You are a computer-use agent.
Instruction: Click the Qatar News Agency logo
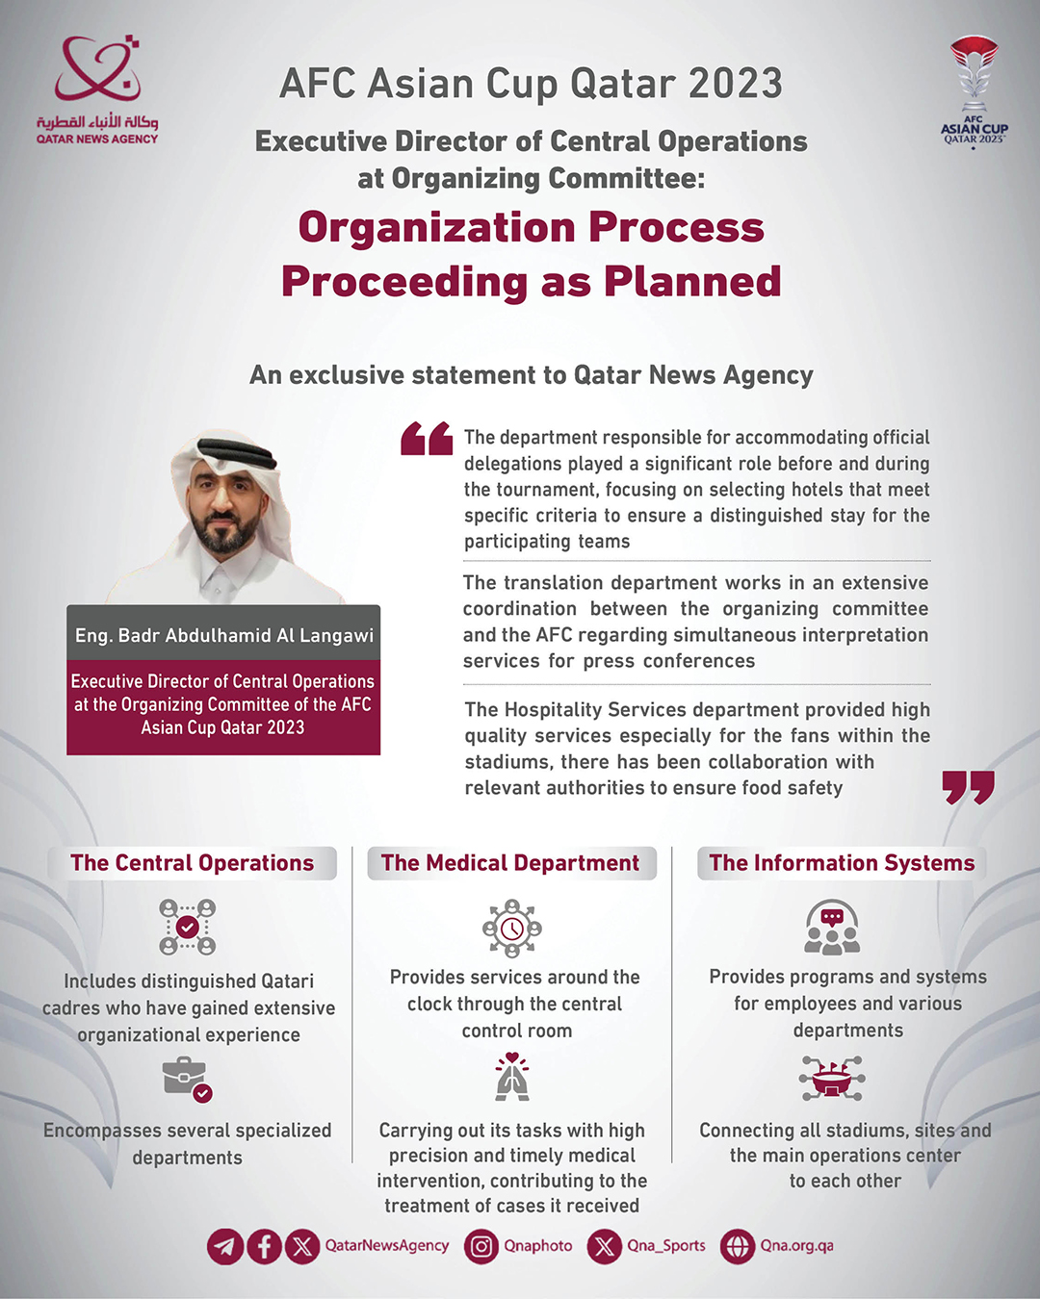(97, 89)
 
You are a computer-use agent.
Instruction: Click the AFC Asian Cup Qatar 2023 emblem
(974, 90)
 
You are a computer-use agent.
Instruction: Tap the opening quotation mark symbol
(427, 438)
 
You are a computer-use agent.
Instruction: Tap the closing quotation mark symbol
(968, 786)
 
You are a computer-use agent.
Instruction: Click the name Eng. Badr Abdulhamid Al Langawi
(224, 635)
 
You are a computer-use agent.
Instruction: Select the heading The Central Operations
(193, 863)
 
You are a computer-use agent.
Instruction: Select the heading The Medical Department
(510, 863)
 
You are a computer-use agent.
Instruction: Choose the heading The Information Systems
(842, 863)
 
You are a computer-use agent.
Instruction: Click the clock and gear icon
(511, 928)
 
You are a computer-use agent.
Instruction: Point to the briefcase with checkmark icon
(187, 1079)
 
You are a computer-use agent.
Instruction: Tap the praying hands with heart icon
(512, 1077)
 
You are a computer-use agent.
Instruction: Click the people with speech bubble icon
(832, 927)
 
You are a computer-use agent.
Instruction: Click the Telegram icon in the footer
(225, 1247)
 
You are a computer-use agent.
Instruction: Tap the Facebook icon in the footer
(264, 1247)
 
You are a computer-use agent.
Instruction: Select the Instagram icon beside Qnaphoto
(481, 1247)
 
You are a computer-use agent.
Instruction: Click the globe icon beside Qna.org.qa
(738, 1247)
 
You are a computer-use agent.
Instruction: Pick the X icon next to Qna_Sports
(605, 1247)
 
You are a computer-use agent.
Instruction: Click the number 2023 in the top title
(735, 84)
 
